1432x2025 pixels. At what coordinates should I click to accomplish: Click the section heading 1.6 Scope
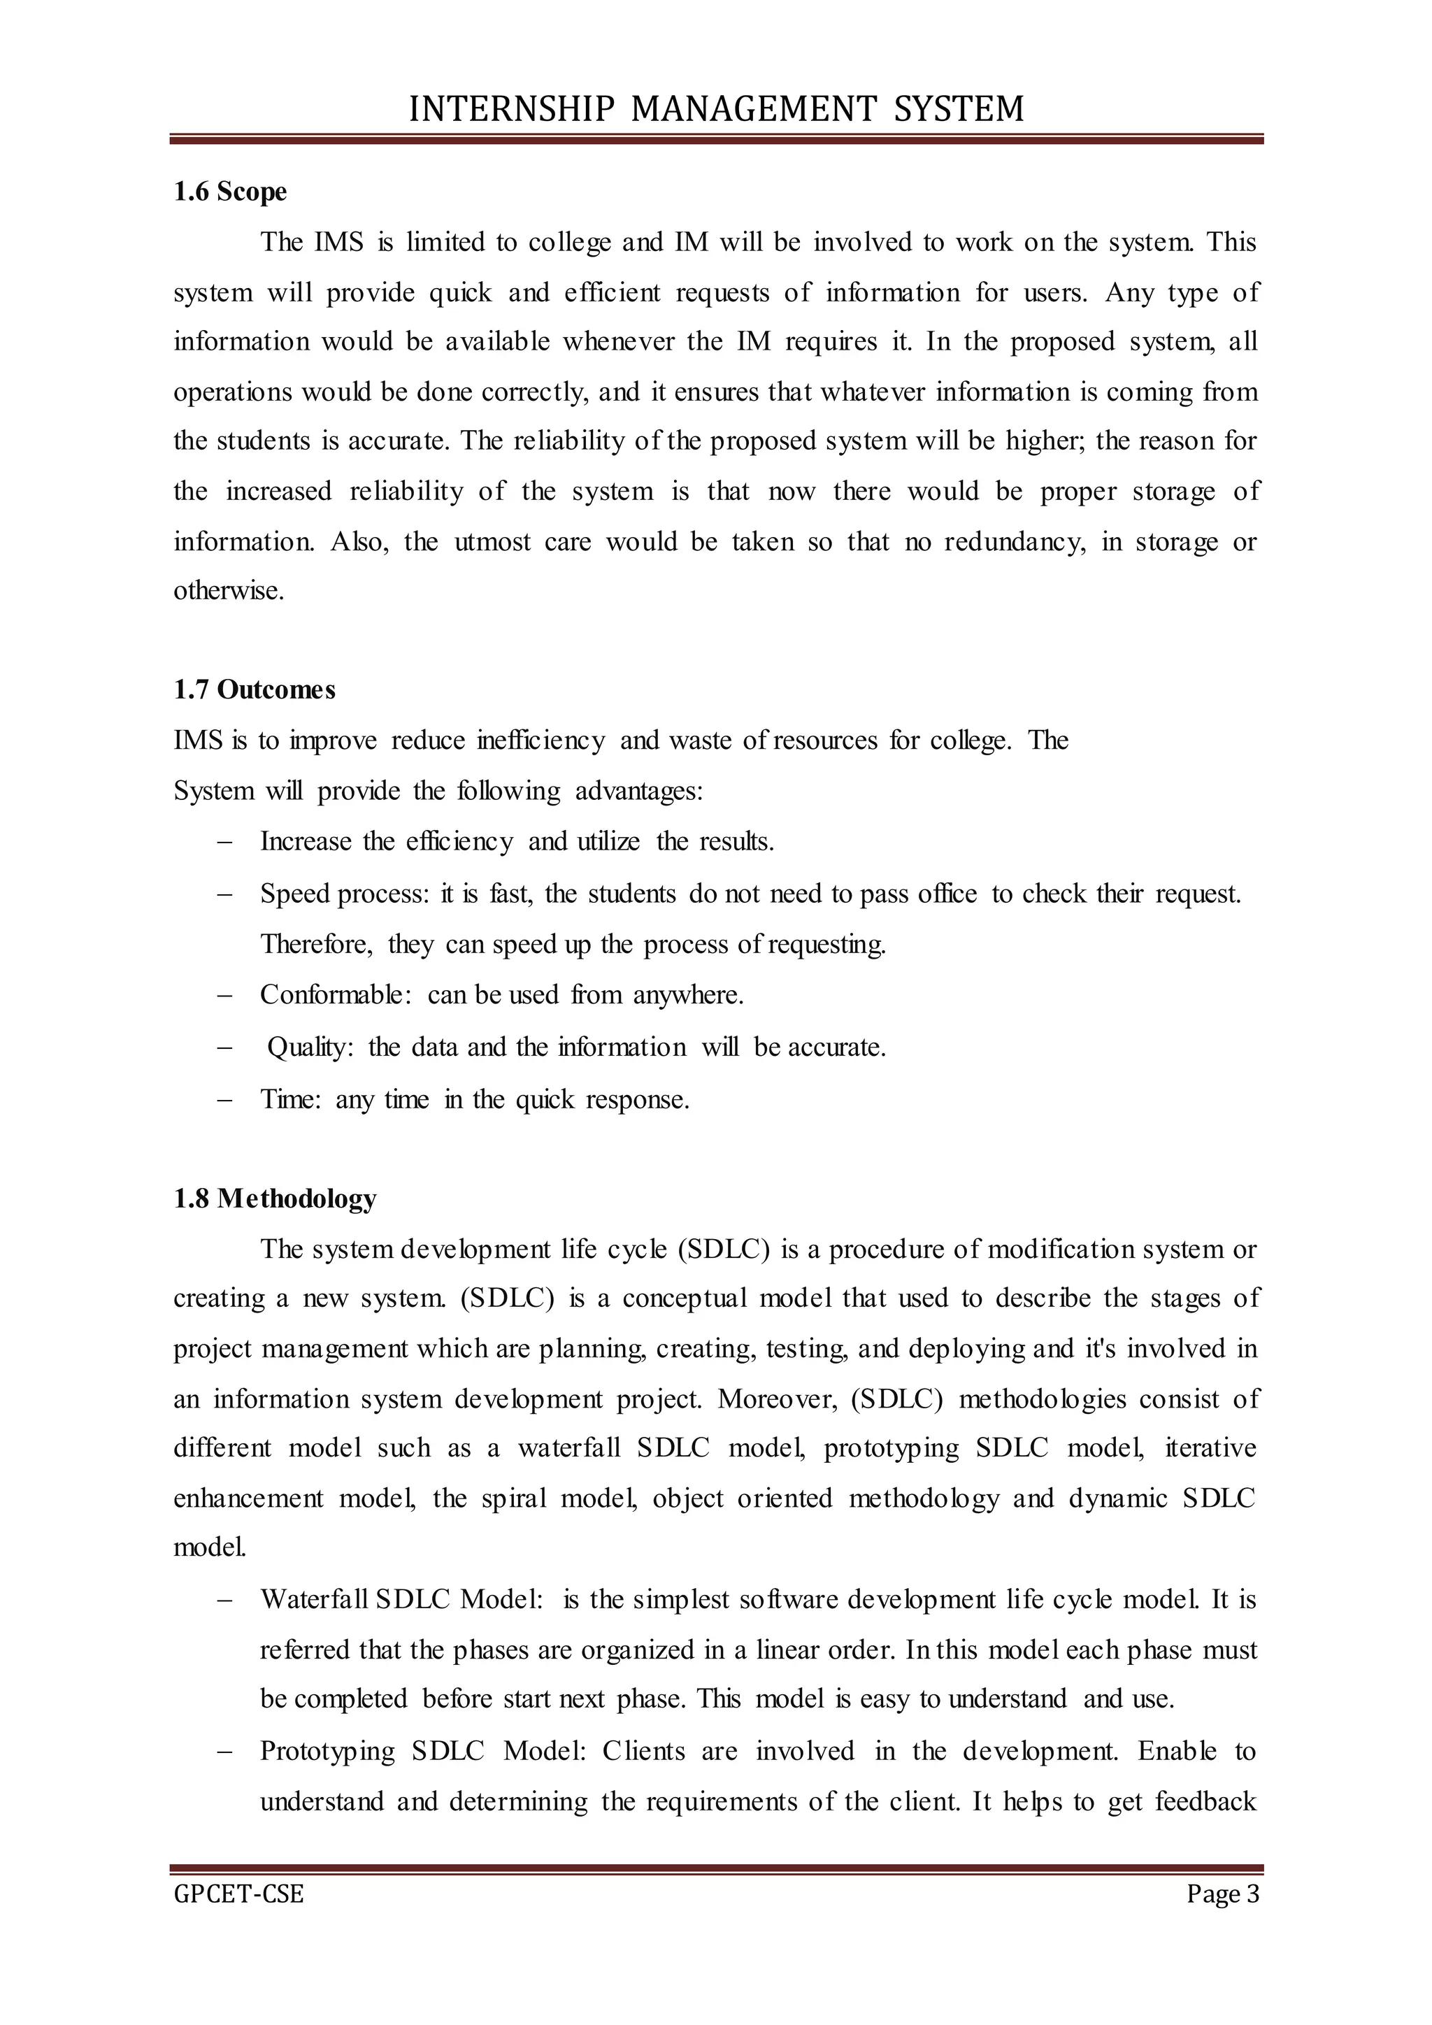pyautogui.click(x=230, y=192)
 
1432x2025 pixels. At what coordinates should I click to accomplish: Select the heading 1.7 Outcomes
pyautogui.click(x=255, y=689)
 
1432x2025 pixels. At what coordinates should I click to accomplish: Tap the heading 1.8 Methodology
pyautogui.click(x=275, y=1198)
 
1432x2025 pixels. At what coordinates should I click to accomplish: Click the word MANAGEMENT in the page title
pyautogui.click(x=754, y=109)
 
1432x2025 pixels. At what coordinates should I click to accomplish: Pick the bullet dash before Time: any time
pyautogui.click(x=224, y=1100)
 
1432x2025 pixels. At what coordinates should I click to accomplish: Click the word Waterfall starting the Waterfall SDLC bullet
pyautogui.click(x=315, y=1600)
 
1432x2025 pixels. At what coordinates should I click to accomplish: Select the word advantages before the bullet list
pyautogui.click(x=638, y=791)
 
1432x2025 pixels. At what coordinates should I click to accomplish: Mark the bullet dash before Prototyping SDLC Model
pyautogui.click(x=224, y=1751)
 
